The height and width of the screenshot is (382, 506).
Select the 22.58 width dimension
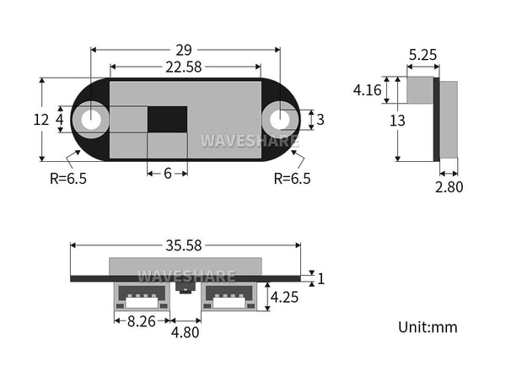pyautogui.click(x=184, y=68)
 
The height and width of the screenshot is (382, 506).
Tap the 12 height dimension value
pyautogui.click(x=40, y=121)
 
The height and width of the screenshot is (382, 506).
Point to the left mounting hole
pyautogui.click(x=90, y=120)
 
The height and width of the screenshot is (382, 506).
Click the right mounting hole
pyautogui.click(x=280, y=120)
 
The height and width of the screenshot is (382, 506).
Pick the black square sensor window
pyautogui.click(x=167, y=120)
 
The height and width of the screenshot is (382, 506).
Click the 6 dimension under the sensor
pyautogui.click(x=167, y=173)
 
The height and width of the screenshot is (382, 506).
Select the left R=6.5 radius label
pyautogui.click(x=68, y=178)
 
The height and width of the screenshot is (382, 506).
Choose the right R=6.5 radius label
pyautogui.click(x=292, y=178)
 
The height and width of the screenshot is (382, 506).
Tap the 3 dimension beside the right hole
pyautogui.click(x=320, y=120)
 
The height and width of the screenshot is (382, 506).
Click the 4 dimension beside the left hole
pyautogui.click(x=59, y=120)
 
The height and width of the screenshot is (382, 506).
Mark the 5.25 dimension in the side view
pyautogui.click(x=423, y=56)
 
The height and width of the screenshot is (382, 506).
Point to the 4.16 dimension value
pyautogui.click(x=367, y=90)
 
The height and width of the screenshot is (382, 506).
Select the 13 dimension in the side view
pyautogui.click(x=397, y=121)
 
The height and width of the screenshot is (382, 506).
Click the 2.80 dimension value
pyautogui.click(x=449, y=187)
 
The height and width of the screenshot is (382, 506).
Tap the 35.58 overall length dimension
pyautogui.click(x=184, y=246)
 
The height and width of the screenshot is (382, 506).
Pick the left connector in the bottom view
pyautogui.click(x=141, y=296)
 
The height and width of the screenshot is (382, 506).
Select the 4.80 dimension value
pyautogui.click(x=185, y=332)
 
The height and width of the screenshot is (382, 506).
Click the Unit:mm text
pyautogui.click(x=428, y=326)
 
